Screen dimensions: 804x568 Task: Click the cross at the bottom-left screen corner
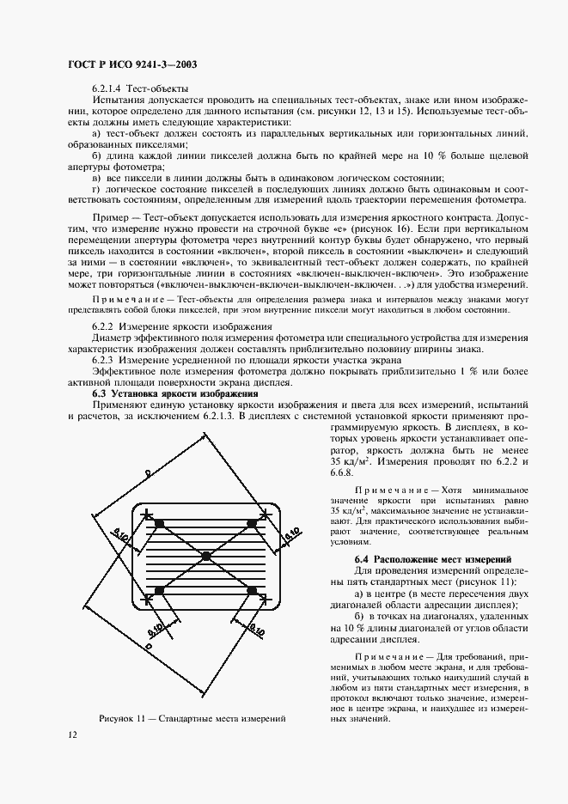click(x=147, y=599)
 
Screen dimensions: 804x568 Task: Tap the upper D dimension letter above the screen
click(x=147, y=472)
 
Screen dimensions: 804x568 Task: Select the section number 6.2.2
click(x=103, y=328)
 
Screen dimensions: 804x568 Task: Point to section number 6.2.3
click(x=103, y=361)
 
